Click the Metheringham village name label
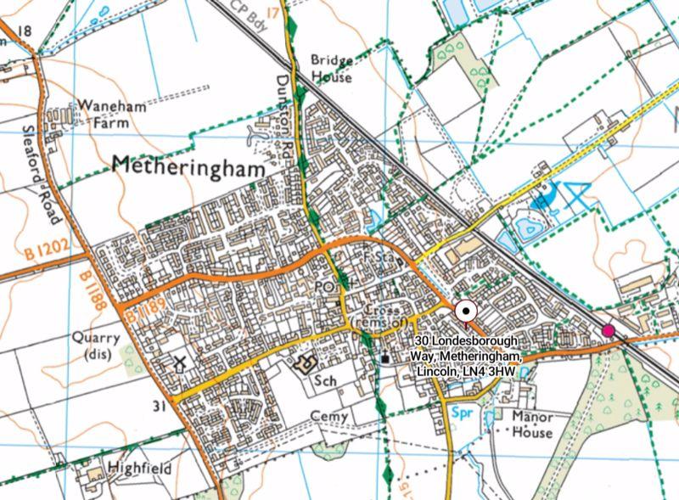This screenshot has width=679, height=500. [188, 165]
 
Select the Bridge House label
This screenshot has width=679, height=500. [330, 69]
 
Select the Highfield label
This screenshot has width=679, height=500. [139, 469]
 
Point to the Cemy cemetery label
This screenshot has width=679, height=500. [330, 416]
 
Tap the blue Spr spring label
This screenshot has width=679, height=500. [462, 417]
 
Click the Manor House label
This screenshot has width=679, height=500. [532, 424]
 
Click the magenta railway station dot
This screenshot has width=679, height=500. [608, 330]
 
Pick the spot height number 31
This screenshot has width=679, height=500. [158, 406]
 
